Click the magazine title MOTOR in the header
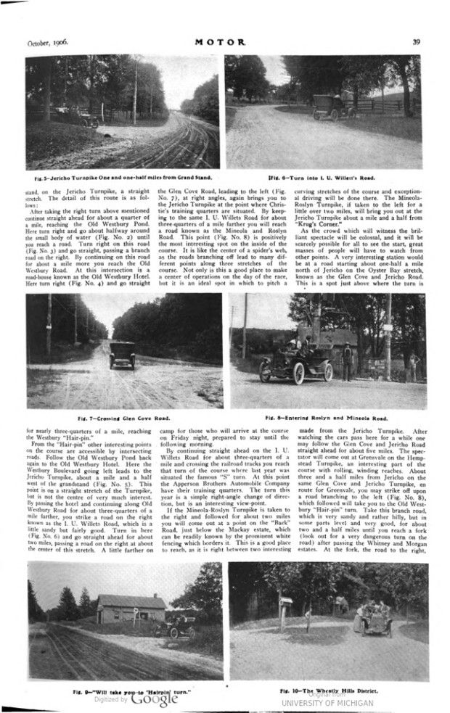tap(225, 43)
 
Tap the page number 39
tap(417, 43)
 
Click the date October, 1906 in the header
tap(48, 43)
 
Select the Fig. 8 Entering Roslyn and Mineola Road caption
tap(326, 419)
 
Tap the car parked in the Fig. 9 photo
tap(177, 625)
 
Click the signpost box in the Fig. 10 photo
tap(286, 601)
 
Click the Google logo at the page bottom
tap(154, 700)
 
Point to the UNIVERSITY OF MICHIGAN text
tap(327, 703)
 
